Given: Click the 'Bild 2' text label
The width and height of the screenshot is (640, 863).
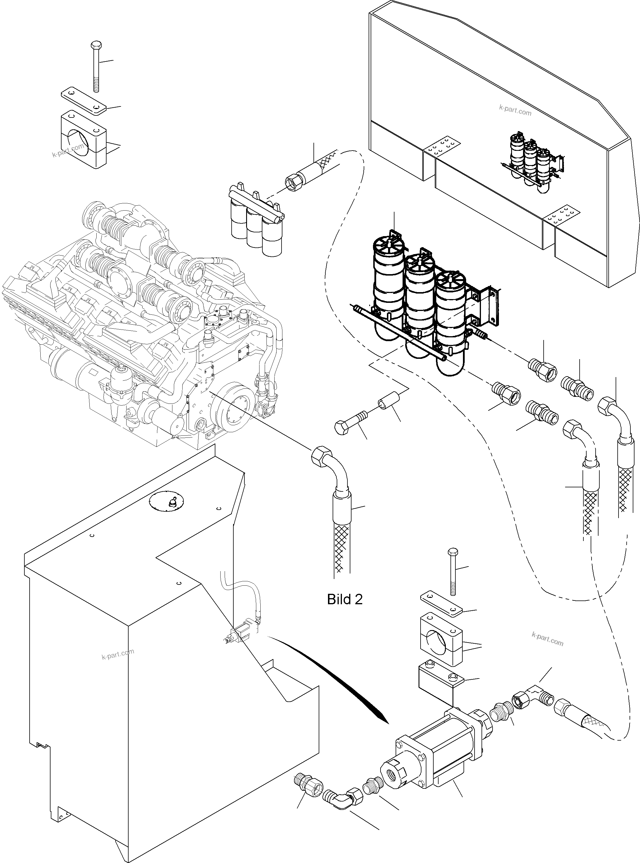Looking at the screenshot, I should tap(345, 599).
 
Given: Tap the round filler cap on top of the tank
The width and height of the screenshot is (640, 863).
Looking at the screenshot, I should tap(167, 502).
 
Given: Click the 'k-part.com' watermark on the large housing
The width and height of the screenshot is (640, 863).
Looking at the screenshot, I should tap(515, 111).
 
